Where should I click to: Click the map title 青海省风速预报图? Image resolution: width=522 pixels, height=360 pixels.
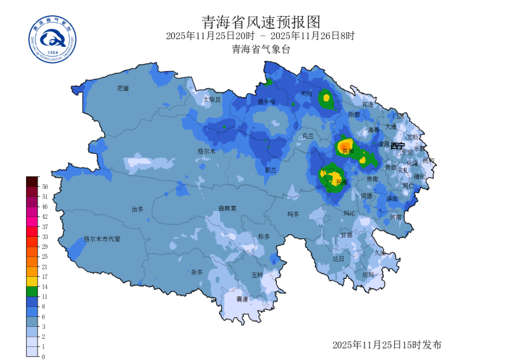[x=261, y=22]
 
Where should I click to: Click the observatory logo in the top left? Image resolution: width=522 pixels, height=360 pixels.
[x=53, y=38]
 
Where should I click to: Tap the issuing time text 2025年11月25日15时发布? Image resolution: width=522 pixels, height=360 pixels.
[x=387, y=345]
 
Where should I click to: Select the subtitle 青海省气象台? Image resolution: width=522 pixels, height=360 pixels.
[x=261, y=49]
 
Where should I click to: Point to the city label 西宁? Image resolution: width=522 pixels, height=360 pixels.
[x=397, y=146]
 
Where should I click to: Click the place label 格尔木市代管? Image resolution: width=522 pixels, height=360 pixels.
[x=102, y=239]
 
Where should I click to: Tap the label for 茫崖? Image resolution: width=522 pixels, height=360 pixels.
[x=123, y=88]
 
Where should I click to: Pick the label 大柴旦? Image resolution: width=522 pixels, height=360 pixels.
[x=212, y=100]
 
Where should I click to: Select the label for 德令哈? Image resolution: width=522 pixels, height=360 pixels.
[x=266, y=102]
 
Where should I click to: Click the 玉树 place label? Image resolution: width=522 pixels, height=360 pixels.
[x=257, y=275]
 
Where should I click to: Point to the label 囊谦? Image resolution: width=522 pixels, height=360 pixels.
[x=242, y=299]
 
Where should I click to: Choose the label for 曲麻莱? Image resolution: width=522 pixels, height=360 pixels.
[x=227, y=208]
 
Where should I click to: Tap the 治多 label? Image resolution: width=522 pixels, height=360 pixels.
[x=138, y=209]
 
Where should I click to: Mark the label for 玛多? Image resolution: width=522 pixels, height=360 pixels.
[x=293, y=214]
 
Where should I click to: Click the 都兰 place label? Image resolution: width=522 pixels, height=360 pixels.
[x=271, y=170]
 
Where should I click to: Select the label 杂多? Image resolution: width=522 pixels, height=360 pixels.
[x=196, y=272]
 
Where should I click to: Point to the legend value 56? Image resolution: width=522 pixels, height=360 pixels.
[x=45, y=187]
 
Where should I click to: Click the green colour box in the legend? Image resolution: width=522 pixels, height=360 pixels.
[x=32, y=291]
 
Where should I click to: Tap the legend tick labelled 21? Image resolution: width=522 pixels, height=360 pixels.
[x=45, y=266]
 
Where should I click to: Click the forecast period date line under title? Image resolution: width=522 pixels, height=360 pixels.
[x=261, y=36]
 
